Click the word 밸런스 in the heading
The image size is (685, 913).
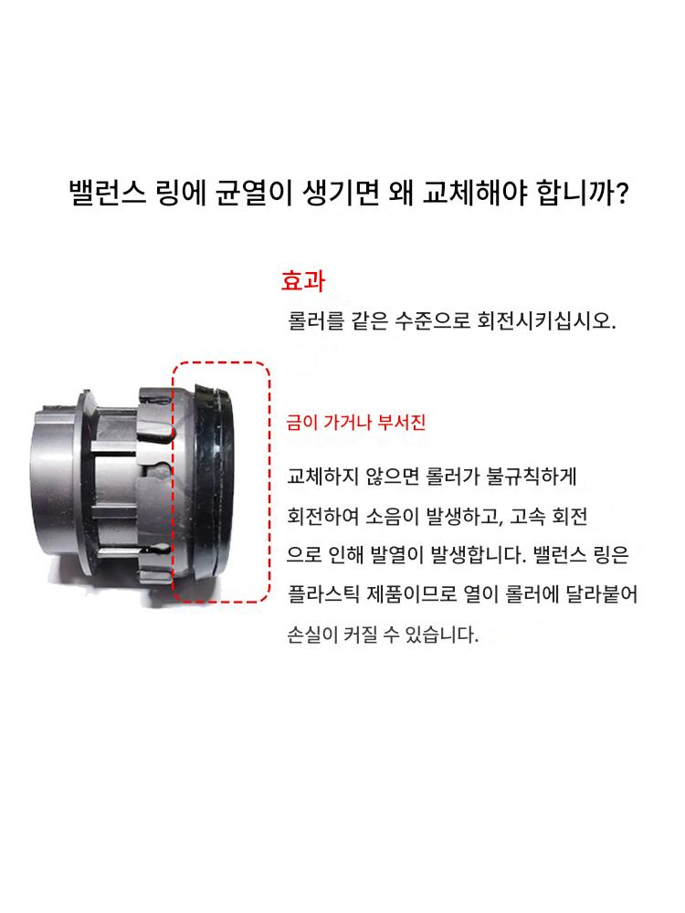coord(107,193)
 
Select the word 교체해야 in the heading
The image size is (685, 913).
coord(475,193)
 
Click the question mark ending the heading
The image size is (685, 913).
coord(622,193)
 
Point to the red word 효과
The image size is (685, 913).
coord(303,280)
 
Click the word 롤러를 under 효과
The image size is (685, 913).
coord(316,320)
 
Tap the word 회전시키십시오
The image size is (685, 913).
coord(546,320)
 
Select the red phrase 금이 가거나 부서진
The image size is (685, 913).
coord(356,422)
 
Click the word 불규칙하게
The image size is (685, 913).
coord(532,477)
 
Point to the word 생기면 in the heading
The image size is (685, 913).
coord(341,193)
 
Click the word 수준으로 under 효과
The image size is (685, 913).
coord(432,320)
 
